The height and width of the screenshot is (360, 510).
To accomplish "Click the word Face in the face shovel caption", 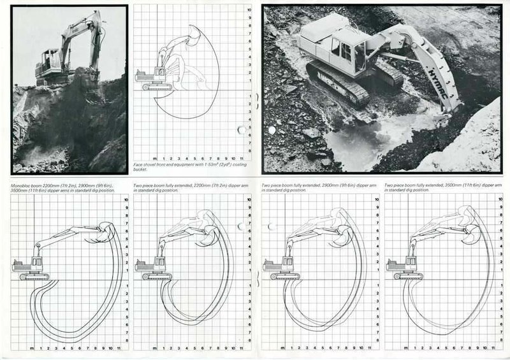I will [x=138, y=164].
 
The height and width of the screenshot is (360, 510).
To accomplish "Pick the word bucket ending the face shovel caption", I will [x=141, y=169].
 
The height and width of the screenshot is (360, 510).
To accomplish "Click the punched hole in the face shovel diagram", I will [x=242, y=130].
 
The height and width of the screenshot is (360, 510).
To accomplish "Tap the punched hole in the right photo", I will [x=271, y=130].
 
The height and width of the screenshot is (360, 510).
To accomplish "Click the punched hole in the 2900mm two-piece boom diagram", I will [x=271, y=226].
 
